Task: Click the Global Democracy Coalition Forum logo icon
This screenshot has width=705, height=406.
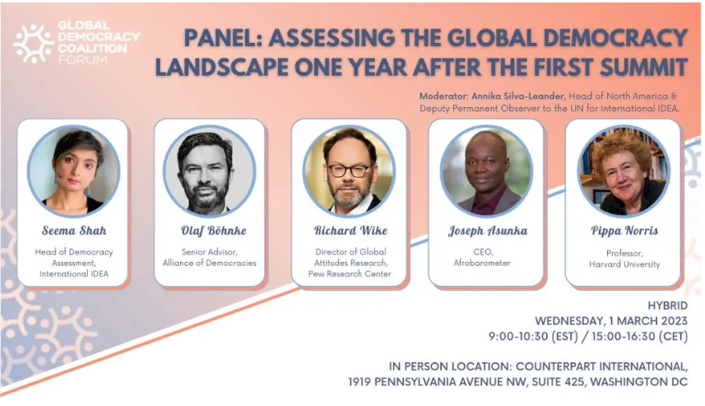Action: coord(33,44)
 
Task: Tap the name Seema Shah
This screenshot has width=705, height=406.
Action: coord(74,231)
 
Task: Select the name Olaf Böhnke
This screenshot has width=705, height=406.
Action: coord(214,231)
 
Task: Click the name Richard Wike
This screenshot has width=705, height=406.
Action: coord(350,231)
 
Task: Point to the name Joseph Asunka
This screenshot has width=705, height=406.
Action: coord(488,231)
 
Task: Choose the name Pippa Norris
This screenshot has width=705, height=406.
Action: coord(624,231)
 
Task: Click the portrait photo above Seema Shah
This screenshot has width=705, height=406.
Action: coord(74,171)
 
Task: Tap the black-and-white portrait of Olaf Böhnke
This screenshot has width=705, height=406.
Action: coord(210,171)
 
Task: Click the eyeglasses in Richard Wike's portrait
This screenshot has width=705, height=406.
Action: coord(349,170)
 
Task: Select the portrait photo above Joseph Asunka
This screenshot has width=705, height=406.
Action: coord(486,171)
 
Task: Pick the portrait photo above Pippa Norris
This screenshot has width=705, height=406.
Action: coord(624,171)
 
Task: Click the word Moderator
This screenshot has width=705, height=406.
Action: coord(443,96)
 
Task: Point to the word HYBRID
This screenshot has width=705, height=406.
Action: coord(668,306)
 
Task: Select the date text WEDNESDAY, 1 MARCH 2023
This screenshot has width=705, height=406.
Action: coord(611,321)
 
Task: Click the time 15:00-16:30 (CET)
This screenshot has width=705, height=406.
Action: coord(639,337)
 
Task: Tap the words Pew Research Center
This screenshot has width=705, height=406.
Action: coord(350,273)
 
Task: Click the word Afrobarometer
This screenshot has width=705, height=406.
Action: coord(482,263)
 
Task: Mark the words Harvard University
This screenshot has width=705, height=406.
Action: coord(624,264)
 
